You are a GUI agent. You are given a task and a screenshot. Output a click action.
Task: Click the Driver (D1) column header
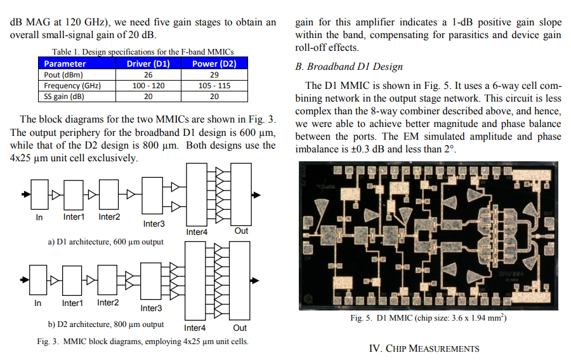click(x=148, y=63)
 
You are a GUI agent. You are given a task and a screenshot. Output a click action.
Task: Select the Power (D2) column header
click(x=214, y=63)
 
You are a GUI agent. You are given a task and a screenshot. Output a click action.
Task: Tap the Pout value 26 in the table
click(x=148, y=75)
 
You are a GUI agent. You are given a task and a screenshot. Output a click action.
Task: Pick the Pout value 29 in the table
click(x=214, y=75)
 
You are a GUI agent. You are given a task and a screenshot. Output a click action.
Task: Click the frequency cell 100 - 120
click(x=148, y=86)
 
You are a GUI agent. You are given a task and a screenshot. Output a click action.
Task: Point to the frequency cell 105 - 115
click(x=214, y=86)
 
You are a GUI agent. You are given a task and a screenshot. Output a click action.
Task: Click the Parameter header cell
click(x=65, y=63)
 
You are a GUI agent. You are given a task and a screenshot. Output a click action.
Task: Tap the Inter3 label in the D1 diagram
click(x=154, y=223)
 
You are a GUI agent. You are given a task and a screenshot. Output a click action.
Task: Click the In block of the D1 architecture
click(x=39, y=194)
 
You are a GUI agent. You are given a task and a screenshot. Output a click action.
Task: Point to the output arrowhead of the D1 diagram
click(x=256, y=195)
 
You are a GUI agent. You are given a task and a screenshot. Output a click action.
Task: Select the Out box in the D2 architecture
click(x=240, y=281)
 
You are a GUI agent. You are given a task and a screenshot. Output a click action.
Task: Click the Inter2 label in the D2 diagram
click(x=108, y=303)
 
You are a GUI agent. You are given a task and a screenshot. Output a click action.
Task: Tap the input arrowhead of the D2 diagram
click(x=25, y=280)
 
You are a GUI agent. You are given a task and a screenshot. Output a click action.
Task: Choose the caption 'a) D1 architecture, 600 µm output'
click(x=105, y=242)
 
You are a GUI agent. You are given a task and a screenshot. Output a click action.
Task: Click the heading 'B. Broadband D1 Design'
click(x=349, y=67)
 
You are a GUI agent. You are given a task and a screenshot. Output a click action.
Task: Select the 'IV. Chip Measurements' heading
click(x=424, y=349)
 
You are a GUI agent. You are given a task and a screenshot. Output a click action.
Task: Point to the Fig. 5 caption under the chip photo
click(x=428, y=317)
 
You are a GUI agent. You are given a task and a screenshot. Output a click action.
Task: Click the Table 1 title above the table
click(x=143, y=51)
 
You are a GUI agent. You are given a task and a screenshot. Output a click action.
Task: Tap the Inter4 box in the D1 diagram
click(x=197, y=194)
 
